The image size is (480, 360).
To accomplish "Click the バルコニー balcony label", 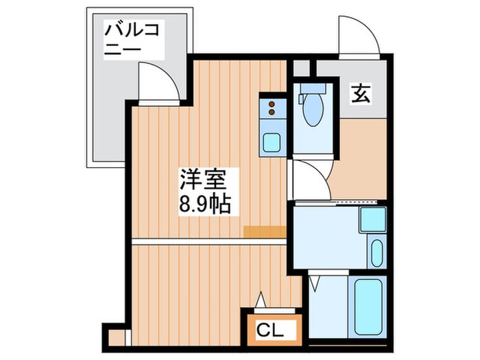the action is pyautogui.click(x=132, y=39).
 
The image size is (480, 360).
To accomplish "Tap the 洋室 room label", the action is pyautogui.click(x=203, y=180).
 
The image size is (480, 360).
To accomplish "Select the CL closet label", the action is pyautogui.click(x=269, y=330).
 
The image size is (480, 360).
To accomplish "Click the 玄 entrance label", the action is pyautogui.click(x=360, y=93).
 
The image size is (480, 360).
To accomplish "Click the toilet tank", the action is pyautogui.click(x=313, y=88).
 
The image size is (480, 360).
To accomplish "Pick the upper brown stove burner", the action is pyautogui.click(x=272, y=104).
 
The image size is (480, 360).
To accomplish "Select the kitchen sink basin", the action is pyautogui.click(x=272, y=142).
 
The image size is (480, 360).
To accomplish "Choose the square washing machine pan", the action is pyautogui.click(x=373, y=219).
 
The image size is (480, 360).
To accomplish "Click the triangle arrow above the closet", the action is pyautogui.click(x=261, y=300).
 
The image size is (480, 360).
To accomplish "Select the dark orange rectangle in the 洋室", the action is pyautogui.click(x=265, y=232).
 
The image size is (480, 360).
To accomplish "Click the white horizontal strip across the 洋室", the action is pyautogui.click(x=209, y=241).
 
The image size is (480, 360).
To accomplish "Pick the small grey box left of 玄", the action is pyautogui.click(x=301, y=69).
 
